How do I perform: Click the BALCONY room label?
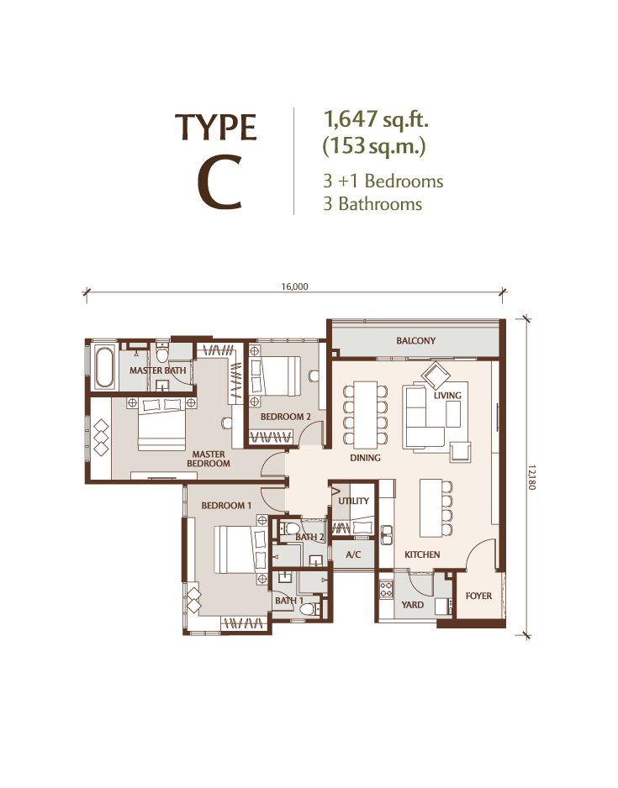(415, 341)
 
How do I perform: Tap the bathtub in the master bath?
(104, 367)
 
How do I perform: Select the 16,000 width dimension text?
(294, 287)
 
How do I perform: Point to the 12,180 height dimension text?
(532, 478)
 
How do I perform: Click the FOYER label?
(478, 596)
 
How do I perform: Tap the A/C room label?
(353, 554)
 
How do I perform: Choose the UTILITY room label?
(353, 501)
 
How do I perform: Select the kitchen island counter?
(430, 508)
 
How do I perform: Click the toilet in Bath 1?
(309, 610)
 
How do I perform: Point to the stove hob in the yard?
(386, 590)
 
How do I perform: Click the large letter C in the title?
(219, 184)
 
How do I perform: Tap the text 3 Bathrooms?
(372, 204)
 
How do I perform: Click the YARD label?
(412, 605)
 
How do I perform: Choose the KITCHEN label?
(422, 554)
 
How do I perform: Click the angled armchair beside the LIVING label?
(436, 375)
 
